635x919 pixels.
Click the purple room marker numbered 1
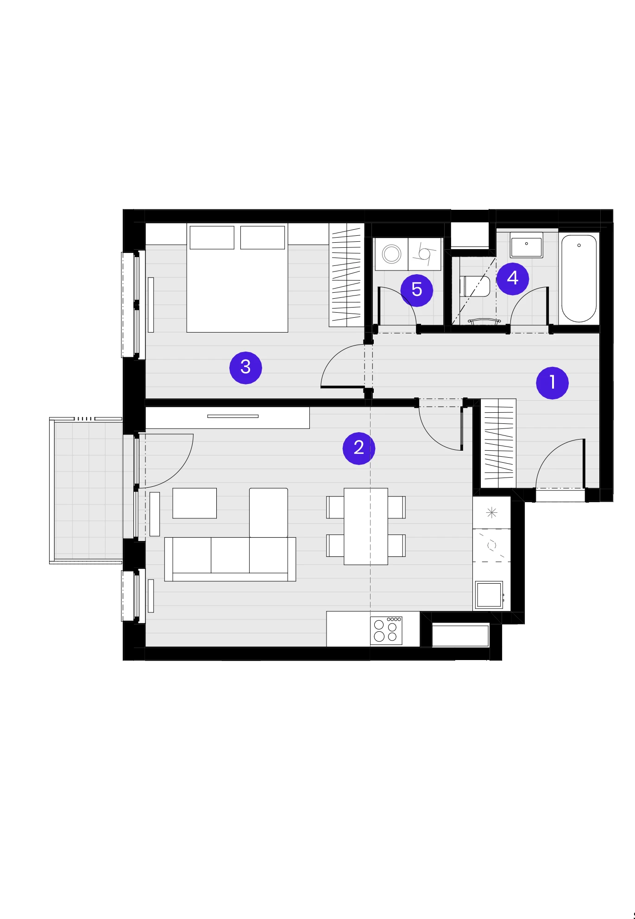click(552, 383)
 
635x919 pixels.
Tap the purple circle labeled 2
click(358, 448)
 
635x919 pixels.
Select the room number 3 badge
click(245, 367)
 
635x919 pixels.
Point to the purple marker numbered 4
click(512, 278)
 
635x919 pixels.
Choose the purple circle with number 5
click(416, 290)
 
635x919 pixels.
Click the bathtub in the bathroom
click(579, 278)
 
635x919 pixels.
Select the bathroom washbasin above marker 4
click(526, 245)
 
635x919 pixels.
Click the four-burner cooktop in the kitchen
click(386, 630)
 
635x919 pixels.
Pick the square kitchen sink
click(489, 595)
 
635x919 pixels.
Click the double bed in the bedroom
click(237, 278)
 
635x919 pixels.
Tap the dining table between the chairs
click(365, 526)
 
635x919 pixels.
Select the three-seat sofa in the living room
click(230, 559)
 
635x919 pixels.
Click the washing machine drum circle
click(391, 254)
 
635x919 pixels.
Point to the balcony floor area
click(88, 490)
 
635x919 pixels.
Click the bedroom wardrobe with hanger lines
click(346, 275)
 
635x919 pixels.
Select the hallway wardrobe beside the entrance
click(498, 443)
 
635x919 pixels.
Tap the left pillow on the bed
click(212, 238)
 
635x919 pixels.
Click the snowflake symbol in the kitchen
click(491, 513)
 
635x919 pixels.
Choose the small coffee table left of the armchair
click(195, 503)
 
